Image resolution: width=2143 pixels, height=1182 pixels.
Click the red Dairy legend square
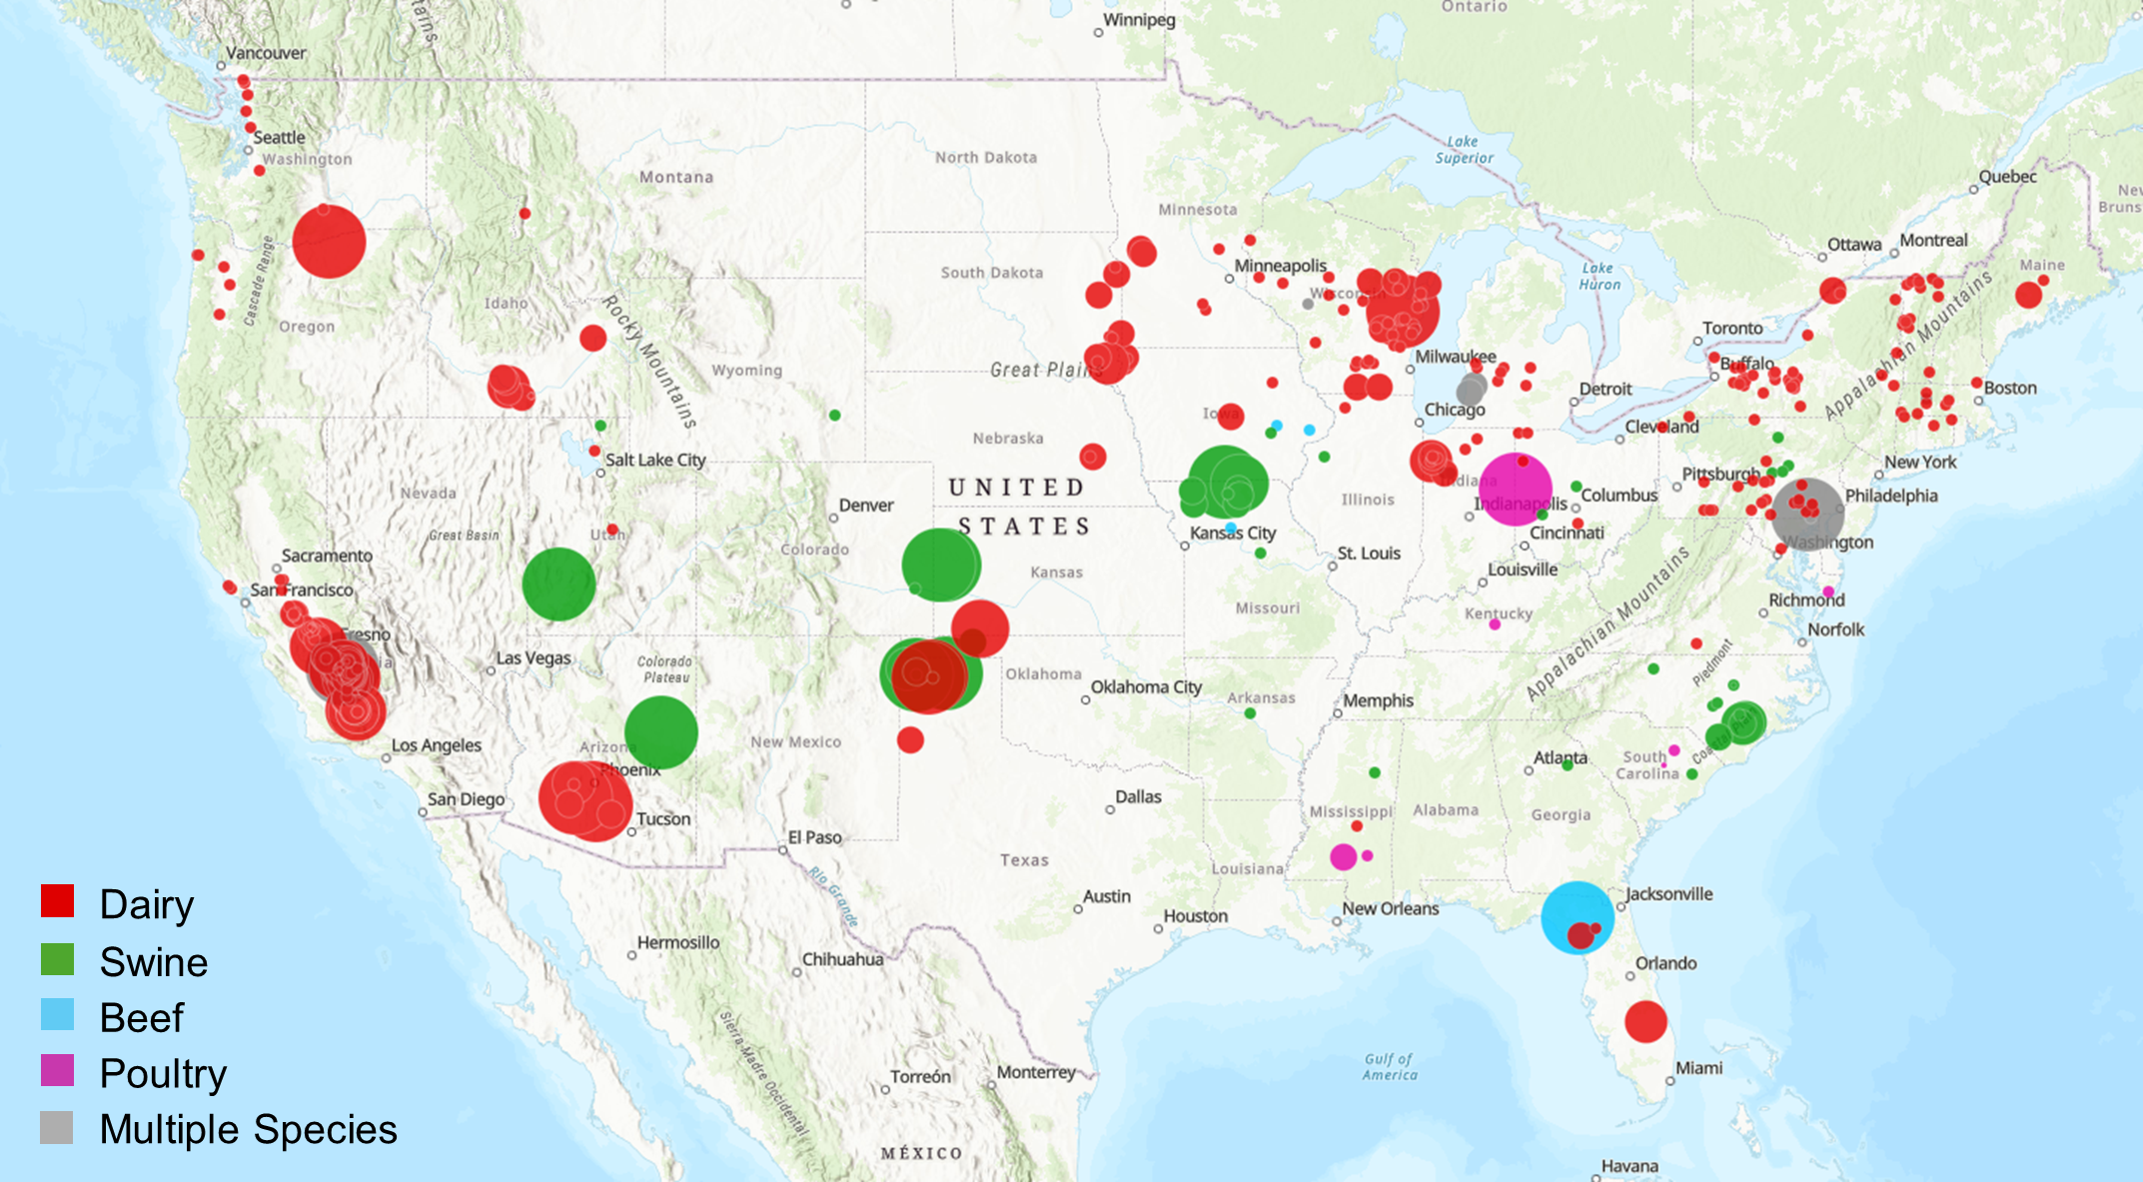pos(57,900)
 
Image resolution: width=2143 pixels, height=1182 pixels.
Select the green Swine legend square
pos(57,959)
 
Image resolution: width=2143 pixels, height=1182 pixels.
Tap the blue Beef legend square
pos(57,1014)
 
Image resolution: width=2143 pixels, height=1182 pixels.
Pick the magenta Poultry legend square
pos(57,1070)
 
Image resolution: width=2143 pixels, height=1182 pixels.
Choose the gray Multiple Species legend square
pos(57,1127)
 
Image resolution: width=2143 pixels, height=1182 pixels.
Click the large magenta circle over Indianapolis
pos(1515,489)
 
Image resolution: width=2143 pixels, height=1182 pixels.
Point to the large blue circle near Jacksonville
pos(1577,916)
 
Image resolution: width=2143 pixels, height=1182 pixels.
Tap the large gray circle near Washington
pos(1807,514)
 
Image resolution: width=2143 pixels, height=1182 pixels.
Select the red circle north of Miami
pos(1645,1021)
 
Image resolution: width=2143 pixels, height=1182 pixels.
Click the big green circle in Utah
pos(558,585)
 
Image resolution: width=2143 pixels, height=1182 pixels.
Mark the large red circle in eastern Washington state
pos(329,241)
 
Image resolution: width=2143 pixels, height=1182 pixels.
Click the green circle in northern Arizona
pos(660,732)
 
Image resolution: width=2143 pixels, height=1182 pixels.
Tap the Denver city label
pos(865,506)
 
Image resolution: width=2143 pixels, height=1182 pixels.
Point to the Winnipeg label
pos(1139,20)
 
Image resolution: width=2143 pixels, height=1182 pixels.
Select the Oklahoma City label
pos(1145,687)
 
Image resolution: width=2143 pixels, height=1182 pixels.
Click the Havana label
pos(1629,1166)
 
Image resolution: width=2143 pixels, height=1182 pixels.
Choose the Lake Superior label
pos(1464,150)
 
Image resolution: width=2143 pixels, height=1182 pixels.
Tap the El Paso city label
pos(814,837)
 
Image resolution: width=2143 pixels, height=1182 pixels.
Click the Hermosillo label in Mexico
pos(678,942)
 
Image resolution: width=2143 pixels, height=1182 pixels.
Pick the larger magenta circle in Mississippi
pos(1344,856)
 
